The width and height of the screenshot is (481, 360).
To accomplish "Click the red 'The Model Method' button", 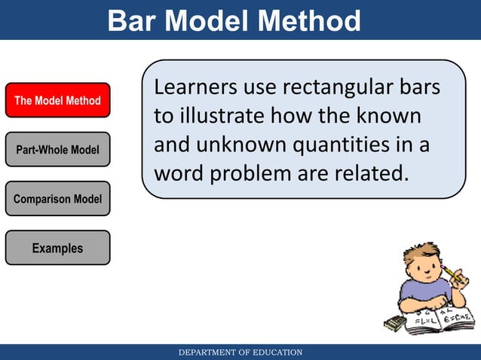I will tap(58, 100).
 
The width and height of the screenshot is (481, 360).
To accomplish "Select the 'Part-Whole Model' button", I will tap(58, 150).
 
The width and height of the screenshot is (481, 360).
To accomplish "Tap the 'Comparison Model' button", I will tap(58, 199).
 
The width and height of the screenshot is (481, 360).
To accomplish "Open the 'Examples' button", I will tap(58, 248).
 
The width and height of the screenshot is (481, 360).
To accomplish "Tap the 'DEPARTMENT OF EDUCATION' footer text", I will tap(240, 352).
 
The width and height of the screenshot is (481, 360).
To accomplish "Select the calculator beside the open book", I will tap(394, 323).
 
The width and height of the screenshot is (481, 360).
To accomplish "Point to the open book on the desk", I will tap(441, 320).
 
